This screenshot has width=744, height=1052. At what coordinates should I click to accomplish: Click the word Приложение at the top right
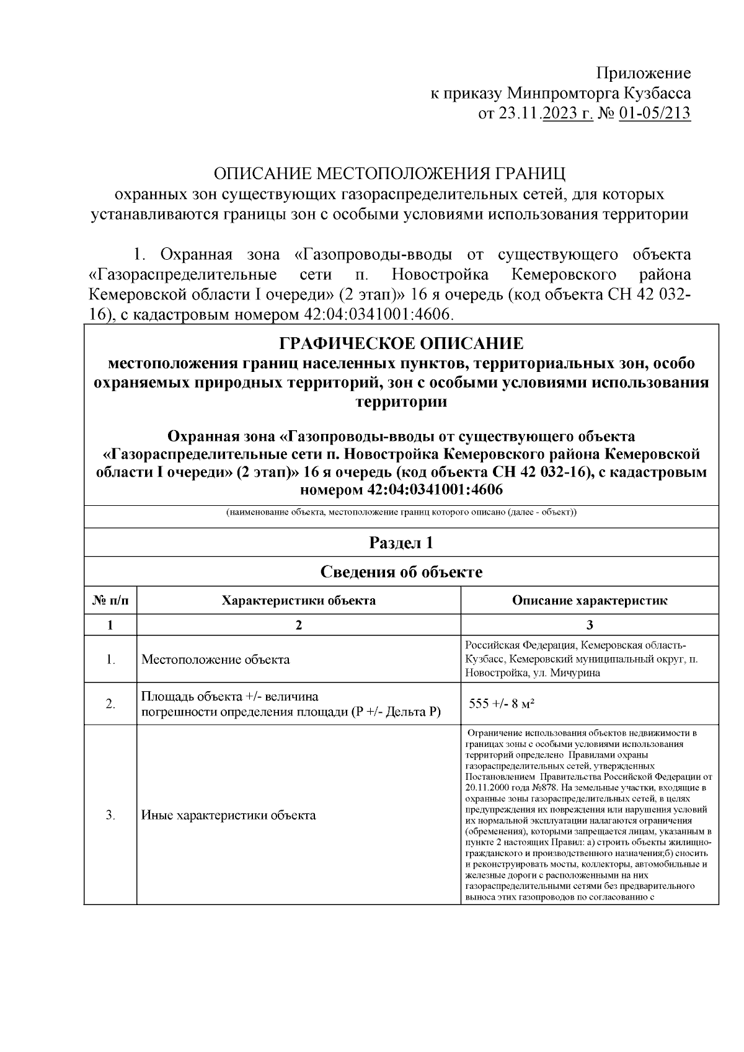pyautogui.click(x=644, y=74)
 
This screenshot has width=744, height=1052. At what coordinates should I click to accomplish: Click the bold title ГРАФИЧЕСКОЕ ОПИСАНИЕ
pyautogui.click(x=401, y=343)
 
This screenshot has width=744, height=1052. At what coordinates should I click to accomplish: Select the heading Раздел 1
pyautogui.click(x=401, y=543)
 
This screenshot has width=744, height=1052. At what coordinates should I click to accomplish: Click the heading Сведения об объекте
pyautogui.click(x=401, y=572)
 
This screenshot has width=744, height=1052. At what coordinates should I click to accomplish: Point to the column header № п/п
pyautogui.click(x=110, y=601)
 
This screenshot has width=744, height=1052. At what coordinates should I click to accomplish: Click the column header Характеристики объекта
pyautogui.click(x=298, y=601)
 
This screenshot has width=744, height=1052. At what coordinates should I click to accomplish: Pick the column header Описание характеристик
pyautogui.click(x=589, y=601)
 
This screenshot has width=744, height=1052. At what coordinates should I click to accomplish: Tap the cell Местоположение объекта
pyautogui.click(x=216, y=660)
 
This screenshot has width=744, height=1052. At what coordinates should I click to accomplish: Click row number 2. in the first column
pyautogui.click(x=110, y=704)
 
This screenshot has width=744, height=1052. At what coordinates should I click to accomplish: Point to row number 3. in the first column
pyautogui.click(x=110, y=815)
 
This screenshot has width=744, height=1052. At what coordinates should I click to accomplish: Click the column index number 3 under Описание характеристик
pyautogui.click(x=590, y=625)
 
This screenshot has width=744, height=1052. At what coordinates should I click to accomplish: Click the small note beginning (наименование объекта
pyautogui.click(x=401, y=513)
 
